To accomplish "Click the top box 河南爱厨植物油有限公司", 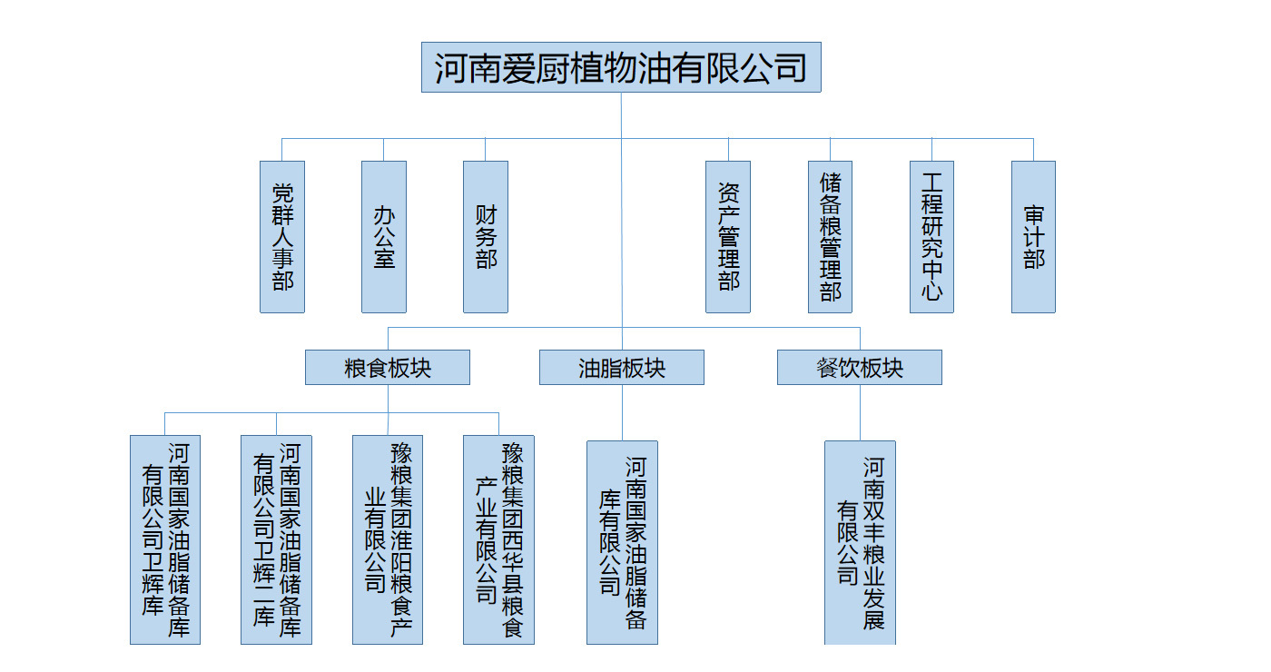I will pos(621,67).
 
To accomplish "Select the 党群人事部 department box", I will pos(282,237).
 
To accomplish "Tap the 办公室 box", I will pos(384,237).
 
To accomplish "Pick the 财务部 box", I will pos(486,237).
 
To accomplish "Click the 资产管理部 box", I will pos(728,237).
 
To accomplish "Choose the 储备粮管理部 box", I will pos(830,237).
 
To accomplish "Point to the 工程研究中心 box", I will pos(931,237).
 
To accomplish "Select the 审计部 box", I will pos(1033,237).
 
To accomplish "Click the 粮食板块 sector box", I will pos(388,368).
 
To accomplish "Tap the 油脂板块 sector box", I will pos(622,368).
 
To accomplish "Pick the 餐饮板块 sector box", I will pos(860,368).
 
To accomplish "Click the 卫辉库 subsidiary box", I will pos(165,539).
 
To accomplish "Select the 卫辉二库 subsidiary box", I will pos(276,539).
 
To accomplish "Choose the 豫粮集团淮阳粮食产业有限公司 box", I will pos(388,539).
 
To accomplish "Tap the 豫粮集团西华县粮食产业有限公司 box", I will pos(498,539).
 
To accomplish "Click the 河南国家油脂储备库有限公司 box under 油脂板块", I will pos(622,542).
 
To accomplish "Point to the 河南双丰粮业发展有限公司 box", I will pos(860,542).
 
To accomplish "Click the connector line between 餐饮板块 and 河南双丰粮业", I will pos(860,413).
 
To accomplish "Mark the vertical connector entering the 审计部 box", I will pos(1033,150).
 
